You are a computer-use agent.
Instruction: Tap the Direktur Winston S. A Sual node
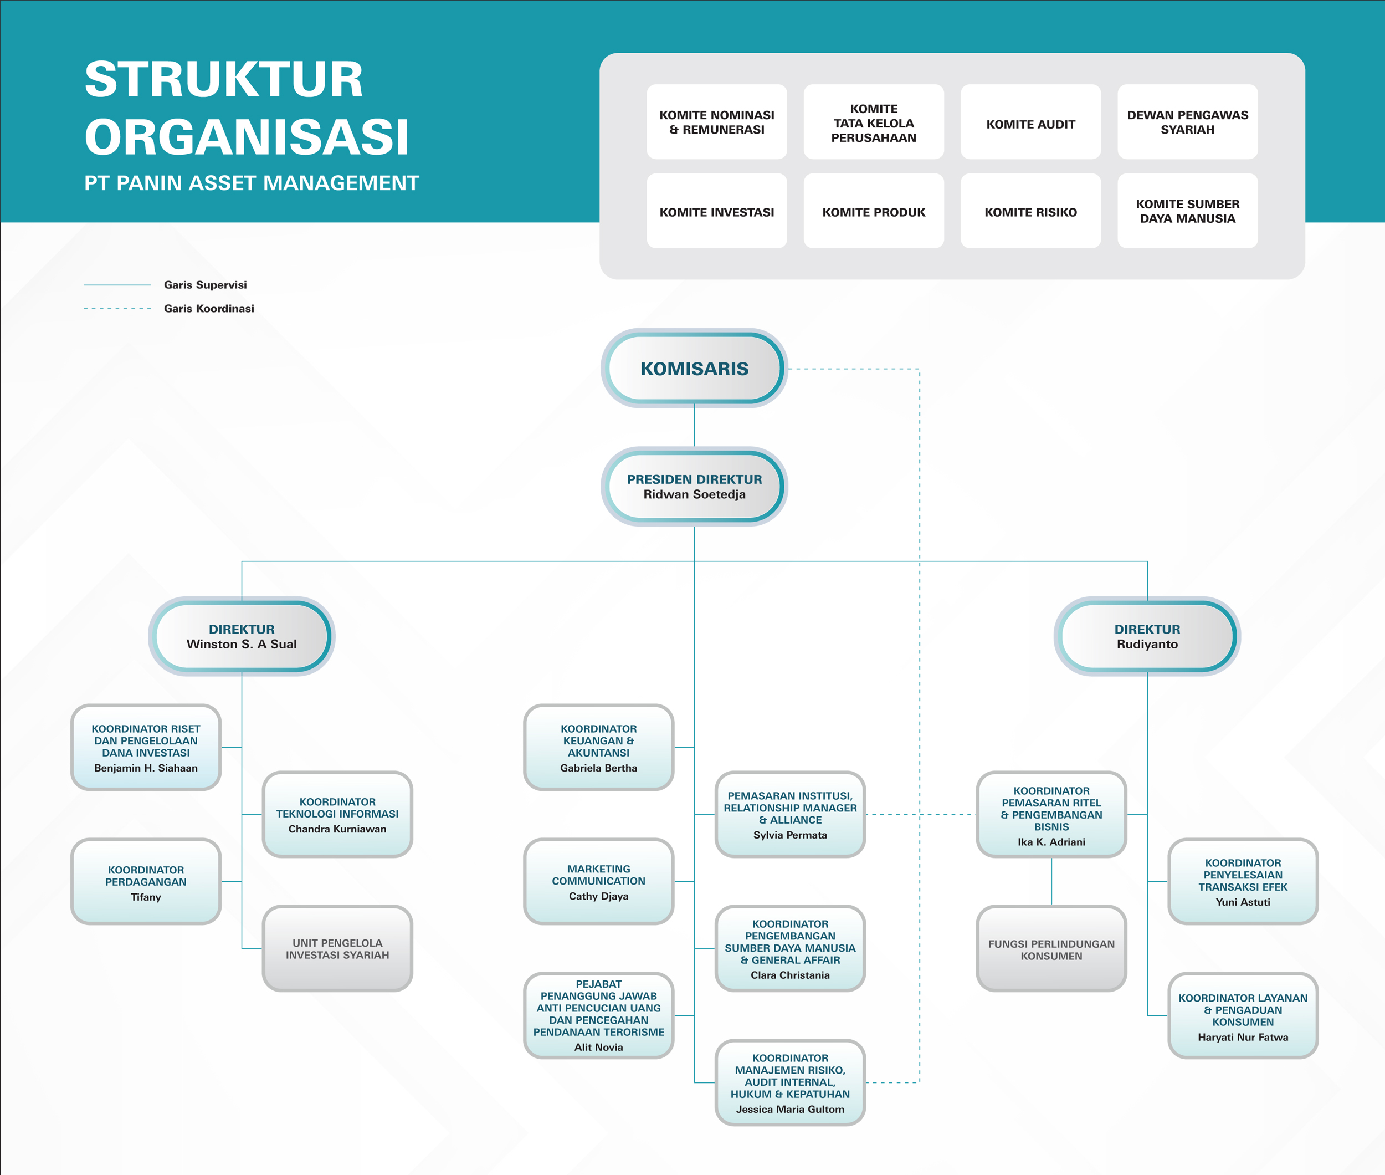pos(242,636)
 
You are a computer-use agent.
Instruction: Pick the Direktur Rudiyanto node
pos(1147,636)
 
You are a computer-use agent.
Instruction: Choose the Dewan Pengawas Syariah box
pos(1187,122)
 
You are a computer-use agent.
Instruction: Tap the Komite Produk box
pos(874,211)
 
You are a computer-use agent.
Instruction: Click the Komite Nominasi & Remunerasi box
pos(716,122)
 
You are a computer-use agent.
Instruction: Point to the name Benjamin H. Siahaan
pos(146,768)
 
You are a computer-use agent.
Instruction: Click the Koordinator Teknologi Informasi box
pos(337,814)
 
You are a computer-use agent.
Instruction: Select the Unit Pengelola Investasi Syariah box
pos(337,948)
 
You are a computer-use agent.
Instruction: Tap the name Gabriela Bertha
pos(599,768)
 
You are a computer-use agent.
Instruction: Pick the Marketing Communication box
pos(599,881)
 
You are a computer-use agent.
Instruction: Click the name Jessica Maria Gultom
pos(791,1109)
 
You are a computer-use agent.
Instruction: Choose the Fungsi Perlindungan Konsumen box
pos(1051,948)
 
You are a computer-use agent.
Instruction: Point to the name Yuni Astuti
pos(1243,902)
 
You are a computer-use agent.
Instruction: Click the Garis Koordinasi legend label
pos(209,308)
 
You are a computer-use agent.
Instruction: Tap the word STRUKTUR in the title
pos(224,79)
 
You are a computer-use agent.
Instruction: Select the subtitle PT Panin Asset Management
pos(252,182)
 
